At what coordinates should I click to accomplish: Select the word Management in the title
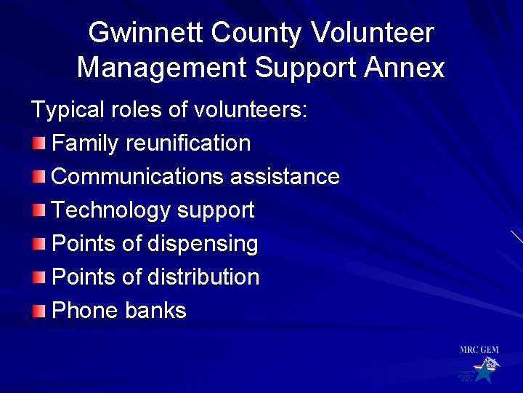coord(162,68)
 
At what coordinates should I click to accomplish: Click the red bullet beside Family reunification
coord(38,143)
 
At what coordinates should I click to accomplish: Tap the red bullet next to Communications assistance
coord(38,176)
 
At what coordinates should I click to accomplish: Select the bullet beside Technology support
coord(38,210)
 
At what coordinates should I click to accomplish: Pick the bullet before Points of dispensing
coord(38,244)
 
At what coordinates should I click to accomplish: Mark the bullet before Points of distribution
coord(38,277)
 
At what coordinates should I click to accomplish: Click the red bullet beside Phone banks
coord(38,311)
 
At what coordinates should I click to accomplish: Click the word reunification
coord(188,143)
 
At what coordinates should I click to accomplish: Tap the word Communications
coord(138,176)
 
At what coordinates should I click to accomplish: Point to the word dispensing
coord(203,244)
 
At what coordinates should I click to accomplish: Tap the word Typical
coord(65,110)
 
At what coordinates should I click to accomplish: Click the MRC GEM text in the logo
coord(479,350)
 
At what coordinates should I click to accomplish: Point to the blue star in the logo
coord(482,373)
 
